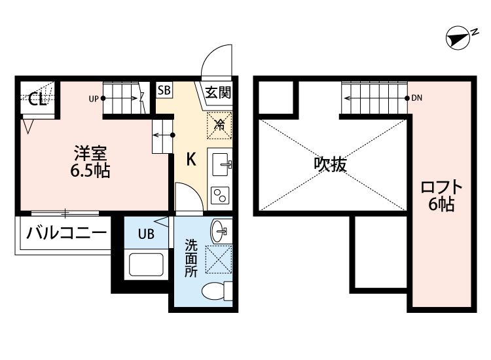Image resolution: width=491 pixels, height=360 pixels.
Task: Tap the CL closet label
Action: (x=37, y=99)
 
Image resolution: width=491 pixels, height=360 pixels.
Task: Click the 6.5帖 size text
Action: (x=90, y=172)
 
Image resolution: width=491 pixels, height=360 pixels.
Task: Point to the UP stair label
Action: (x=94, y=99)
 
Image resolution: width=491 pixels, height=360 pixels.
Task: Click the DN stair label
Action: (x=417, y=99)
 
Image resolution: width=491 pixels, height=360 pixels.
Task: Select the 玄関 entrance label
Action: (x=217, y=92)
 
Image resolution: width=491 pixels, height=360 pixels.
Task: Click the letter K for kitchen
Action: (x=191, y=159)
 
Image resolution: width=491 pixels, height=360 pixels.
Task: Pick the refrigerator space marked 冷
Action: (x=221, y=124)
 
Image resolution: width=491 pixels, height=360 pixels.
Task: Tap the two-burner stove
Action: (x=220, y=194)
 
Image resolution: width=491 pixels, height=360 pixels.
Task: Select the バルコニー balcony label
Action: (x=66, y=232)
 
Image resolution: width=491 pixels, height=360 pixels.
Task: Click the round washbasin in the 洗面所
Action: (x=221, y=230)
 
